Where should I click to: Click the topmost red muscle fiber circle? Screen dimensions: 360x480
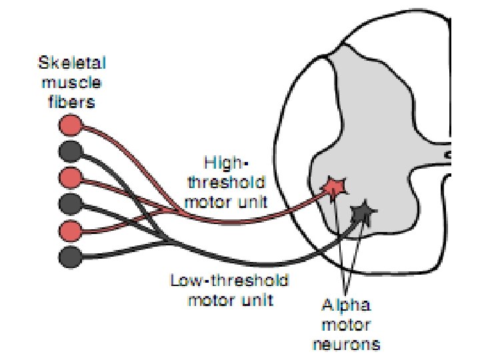pyautogui.click(x=70, y=125)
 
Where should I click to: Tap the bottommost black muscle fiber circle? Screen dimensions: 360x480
pyautogui.click(x=70, y=255)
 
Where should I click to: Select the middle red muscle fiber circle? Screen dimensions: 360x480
pyautogui.click(x=70, y=177)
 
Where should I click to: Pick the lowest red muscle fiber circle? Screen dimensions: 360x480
pyautogui.click(x=70, y=230)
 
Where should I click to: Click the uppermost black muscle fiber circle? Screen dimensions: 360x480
pyautogui.click(x=70, y=151)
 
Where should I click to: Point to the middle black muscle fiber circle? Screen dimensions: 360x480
pyautogui.click(x=70, y=203)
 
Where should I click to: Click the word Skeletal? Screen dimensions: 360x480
pyautogui.click(x=72, y=65)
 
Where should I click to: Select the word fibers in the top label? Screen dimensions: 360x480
pyautogui.click(x=72, y=102)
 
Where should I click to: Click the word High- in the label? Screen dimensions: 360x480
pyautogui.click(x=225, y=163)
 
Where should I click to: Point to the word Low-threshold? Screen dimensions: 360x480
pyautogui.click(x=229, y=280)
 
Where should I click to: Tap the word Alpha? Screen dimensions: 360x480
pyautogui.click(x=347, y=306)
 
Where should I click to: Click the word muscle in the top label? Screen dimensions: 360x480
pyautogui.click(x=72, y=84)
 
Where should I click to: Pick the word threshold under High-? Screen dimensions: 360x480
pyautogui.click(x=227, y=181)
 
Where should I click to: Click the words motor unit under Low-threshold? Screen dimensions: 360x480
pyautogui.click(x=230, y=299)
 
